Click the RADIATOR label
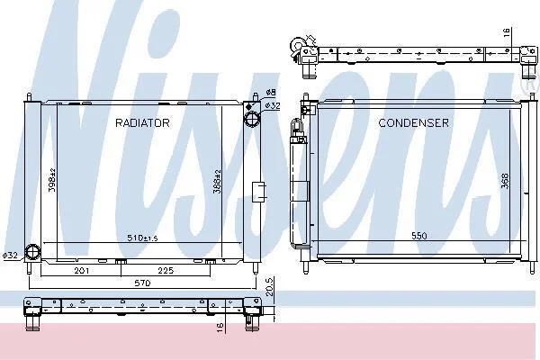pos(142,123)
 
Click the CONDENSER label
pos(413,123)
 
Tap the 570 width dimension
pos(142,283)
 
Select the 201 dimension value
pos(82,271)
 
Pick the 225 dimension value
pos(166,271)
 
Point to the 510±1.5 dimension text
pos(142,238)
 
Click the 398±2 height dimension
pos(52,180)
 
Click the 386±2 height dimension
pos(217,181)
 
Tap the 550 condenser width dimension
pos(419,236)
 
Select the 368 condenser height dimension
pos(505,181)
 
